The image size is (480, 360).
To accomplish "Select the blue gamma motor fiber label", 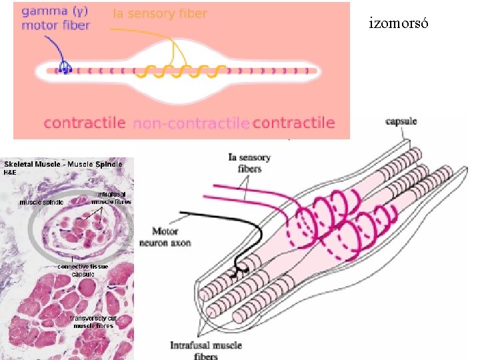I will (x=55, y=19).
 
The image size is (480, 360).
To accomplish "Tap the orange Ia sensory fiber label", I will (x=160, y=13).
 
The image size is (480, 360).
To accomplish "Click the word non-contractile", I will (x=191, y=123).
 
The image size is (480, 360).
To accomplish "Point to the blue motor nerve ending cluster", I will (x=65, y=66).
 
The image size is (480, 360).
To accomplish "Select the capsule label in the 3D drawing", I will (x=401, y=121).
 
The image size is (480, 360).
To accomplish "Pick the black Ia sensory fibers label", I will (x=249, y=163).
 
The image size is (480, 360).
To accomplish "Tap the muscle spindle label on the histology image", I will (x=41, y=201).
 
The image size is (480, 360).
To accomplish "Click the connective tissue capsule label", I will (x=83, y=270).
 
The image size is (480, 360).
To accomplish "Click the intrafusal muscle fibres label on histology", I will (x=111, y=198).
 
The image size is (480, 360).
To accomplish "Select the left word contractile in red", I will (x=85, y=123).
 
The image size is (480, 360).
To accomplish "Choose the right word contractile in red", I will (x=293, y=123).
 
